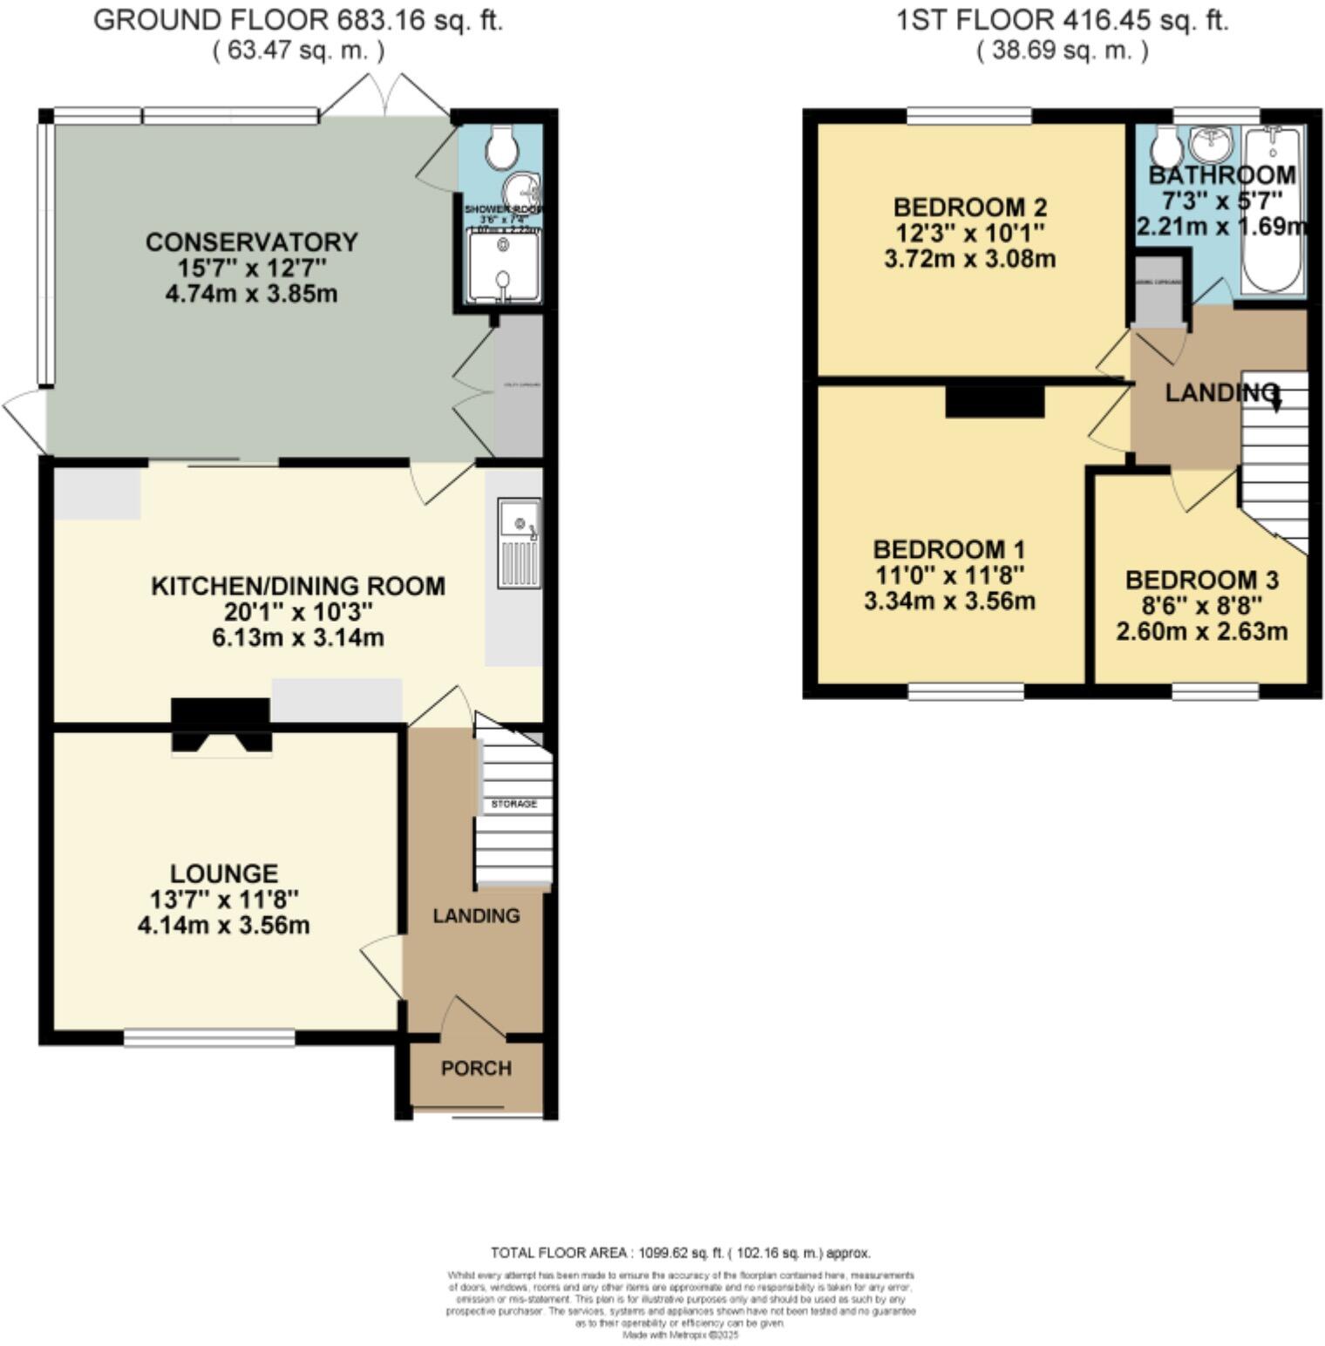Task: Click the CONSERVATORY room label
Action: click(251, 241)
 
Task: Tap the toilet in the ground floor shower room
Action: click(501, 147)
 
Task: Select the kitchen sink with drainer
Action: click(519, 542)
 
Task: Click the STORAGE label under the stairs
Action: click(513, 803)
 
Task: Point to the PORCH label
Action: click(476, 1068)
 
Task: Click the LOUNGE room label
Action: click(224, 873)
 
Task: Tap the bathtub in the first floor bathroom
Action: click(1273, 209)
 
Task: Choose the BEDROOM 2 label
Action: click(969, 207)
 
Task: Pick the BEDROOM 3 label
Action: click(1201, 580)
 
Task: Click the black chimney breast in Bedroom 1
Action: click(995, 402)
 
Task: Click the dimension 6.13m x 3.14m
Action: click(297, 637)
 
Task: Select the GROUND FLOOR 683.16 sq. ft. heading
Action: click(297, 20)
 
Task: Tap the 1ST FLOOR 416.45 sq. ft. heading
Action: click(1062, 20)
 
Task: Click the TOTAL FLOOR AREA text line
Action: click(680, 1253)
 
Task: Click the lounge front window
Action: click(209, 1037)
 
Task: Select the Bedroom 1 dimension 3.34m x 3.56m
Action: click(949, 601)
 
